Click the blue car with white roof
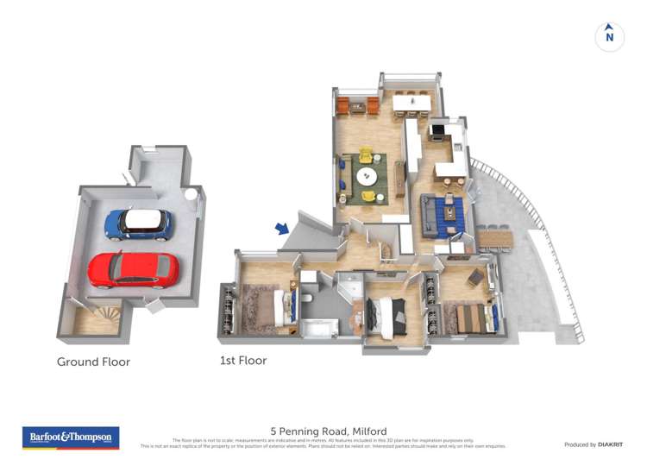(x=138, y=224)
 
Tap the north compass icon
(x=609, y=36)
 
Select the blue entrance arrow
(x=282, y=228)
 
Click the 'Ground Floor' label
(x=93, y=362)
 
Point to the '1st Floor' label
(x=243, y=361)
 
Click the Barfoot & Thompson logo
(x=71, y=437)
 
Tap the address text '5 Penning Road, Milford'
(x=329, y=431)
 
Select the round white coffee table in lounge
(x=367, y=177)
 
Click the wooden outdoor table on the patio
(x=494, y=237)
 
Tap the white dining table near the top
(x=411, y=103)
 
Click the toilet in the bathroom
(x=308, y=298)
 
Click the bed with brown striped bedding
(x=474, y=318)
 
